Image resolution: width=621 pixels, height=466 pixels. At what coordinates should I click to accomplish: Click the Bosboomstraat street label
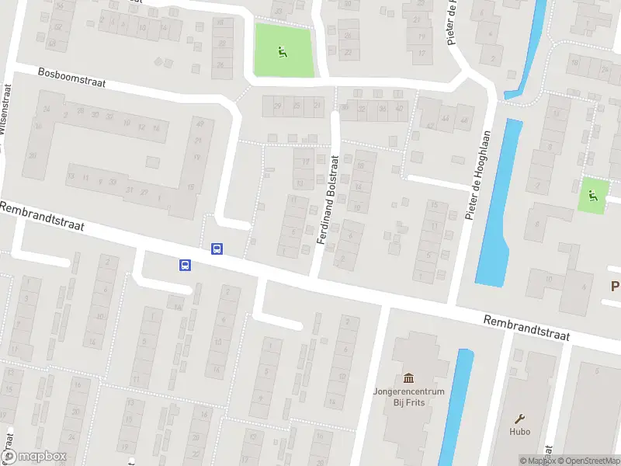point(71,77)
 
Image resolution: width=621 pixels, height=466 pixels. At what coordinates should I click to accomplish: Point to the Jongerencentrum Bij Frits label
point(408,396)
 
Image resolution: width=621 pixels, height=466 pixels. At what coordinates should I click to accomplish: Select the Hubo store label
point(520,433)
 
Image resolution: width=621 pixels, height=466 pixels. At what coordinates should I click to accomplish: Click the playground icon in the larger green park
point(283,52)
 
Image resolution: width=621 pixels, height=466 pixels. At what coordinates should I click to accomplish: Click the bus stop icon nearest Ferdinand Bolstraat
point(217,249)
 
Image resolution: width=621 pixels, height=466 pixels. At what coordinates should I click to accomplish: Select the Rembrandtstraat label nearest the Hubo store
point(526,329)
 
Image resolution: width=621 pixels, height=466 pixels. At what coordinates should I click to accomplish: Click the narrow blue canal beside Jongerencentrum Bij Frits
point(457,404)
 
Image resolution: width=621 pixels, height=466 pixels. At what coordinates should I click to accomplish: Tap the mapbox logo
point(34,457)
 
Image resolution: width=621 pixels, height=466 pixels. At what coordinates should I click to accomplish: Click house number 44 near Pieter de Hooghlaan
point(446,119)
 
